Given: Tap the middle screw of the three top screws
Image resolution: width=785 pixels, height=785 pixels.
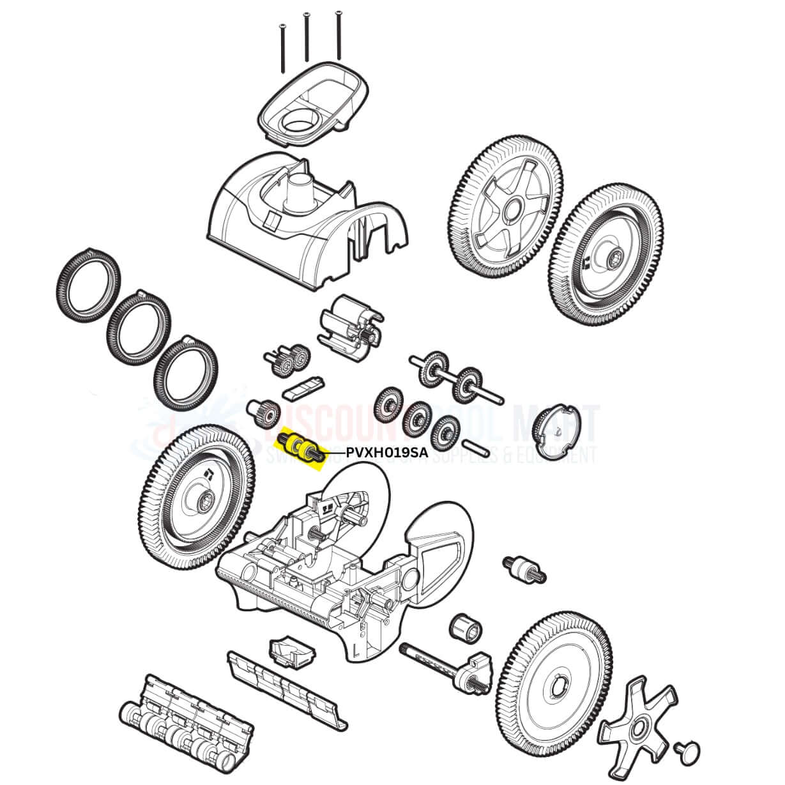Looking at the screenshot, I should pyautogui.click(x=307, y=37).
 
